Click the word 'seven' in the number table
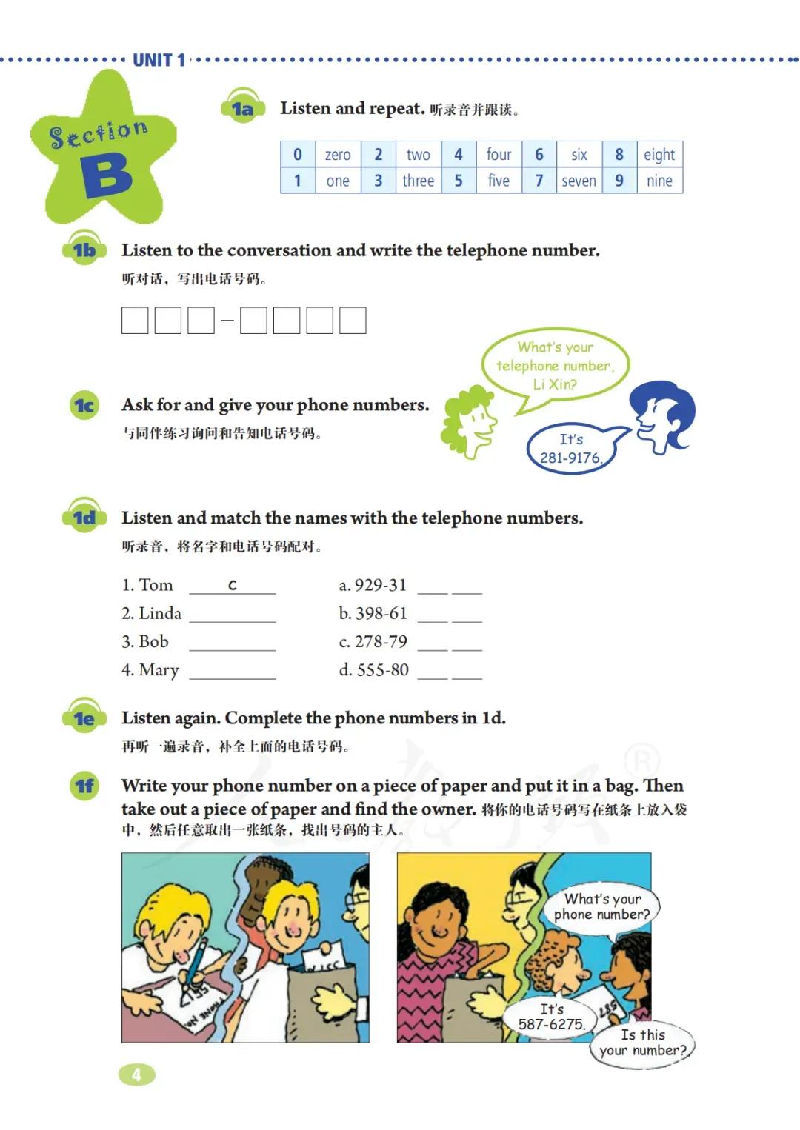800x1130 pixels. point(579,181)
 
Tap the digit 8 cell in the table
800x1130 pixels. point(619,154)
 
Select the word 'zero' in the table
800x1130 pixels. point(338,155)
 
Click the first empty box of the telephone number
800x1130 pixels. point(135,321)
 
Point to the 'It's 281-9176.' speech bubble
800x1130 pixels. point(570,448)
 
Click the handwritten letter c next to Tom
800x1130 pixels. point(232,585)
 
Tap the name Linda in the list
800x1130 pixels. point(160,613)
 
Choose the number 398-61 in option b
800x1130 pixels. point(381,613)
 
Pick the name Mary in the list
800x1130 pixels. point(159,670)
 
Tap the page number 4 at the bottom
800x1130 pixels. point(136,1074)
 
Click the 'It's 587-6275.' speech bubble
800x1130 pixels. point(551,1017)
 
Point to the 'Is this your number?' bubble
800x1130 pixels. point(641,1043)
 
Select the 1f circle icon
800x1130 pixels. point(84,785)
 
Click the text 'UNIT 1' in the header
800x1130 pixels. point(159,60)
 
